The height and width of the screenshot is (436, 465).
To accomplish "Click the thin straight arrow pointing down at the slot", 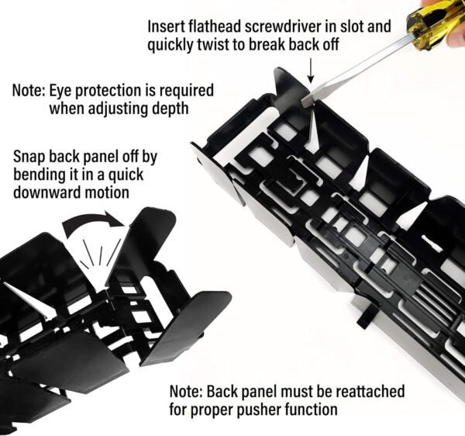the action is (311, 71).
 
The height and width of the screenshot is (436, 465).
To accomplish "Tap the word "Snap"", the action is (29, 157).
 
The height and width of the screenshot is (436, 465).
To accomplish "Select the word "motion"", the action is (107, 192).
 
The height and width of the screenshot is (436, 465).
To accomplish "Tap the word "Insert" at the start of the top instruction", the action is (166, 26).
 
